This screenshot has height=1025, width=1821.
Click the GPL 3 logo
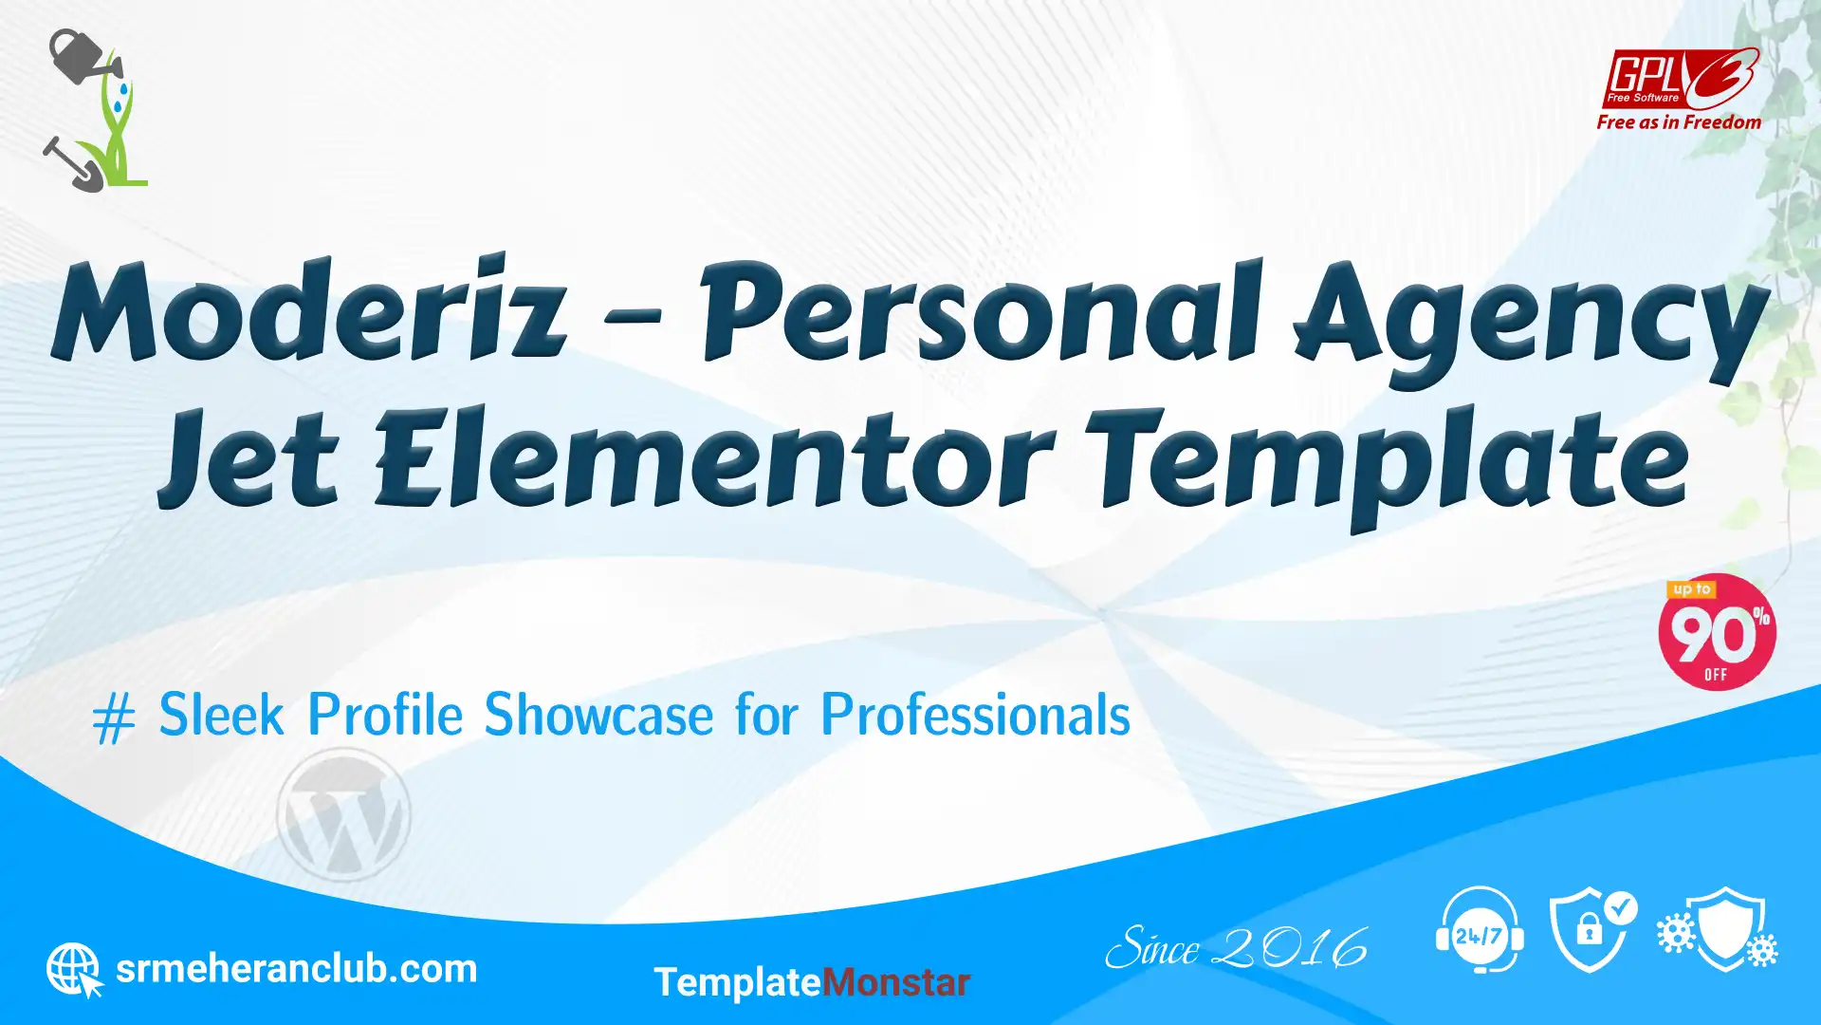[1680, 79]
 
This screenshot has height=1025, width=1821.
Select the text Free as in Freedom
[1679, 122]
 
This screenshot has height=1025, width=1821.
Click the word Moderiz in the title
[309, 309]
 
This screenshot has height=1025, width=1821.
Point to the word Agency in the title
[1531, 323]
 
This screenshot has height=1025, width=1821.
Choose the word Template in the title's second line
[1387, 465]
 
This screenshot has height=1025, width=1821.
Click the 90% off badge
[1717, 632]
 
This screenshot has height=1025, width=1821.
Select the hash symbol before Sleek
[114, 718]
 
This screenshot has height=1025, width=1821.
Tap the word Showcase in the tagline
[598, 714]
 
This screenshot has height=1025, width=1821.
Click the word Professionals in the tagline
[975, 714]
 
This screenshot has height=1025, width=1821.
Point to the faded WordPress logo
[343, 814]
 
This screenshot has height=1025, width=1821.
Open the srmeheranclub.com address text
[296, 969]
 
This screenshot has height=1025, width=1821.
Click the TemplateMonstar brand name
[812, 982]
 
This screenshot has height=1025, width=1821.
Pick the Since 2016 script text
[1237, 947]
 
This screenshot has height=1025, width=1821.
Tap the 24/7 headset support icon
[1480, 930]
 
